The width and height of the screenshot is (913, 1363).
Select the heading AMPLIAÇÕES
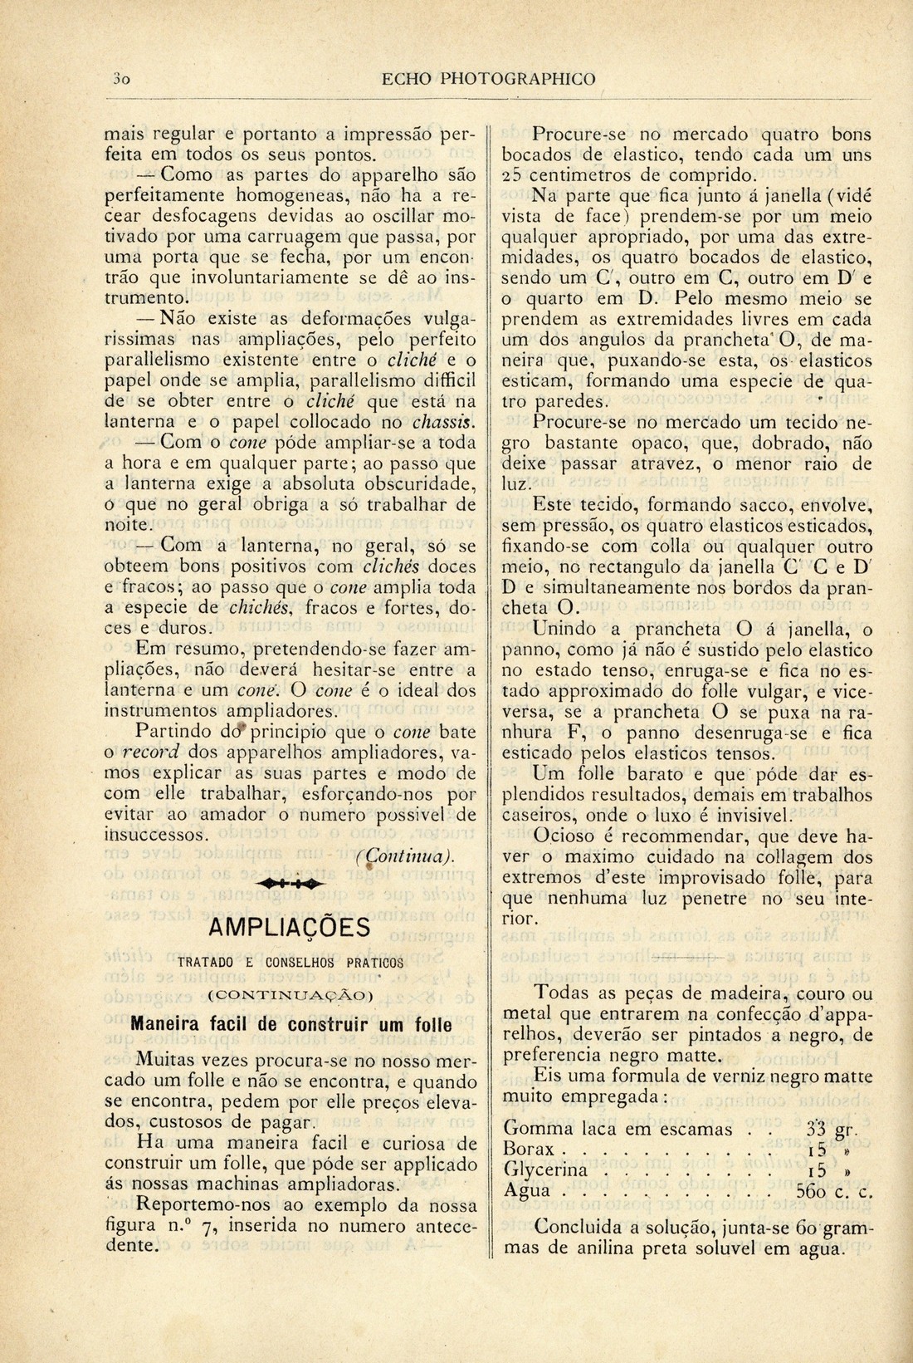pos(290,927)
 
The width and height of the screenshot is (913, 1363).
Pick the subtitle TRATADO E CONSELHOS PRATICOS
pos(290,963)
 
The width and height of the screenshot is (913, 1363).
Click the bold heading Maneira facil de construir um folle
pos(290,1024)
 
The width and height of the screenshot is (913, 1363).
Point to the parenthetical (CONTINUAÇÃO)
pos(290,994)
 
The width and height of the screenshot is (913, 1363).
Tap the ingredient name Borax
pos(530,1150)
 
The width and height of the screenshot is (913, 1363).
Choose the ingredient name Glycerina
pos(546,1170)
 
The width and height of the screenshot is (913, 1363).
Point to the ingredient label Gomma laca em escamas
pos(618,1130)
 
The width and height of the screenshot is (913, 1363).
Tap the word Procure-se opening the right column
pos(573,134)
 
